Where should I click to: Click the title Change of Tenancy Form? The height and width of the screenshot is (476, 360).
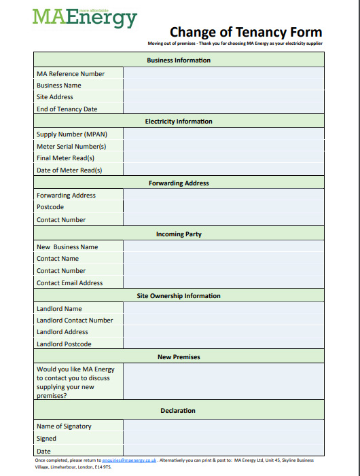click(x=245, y=32)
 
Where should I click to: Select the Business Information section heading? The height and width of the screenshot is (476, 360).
click(x=179, y=60)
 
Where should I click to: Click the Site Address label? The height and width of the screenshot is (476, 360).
click(x=55, y=97)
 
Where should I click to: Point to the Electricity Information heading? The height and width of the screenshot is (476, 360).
click(x=179, y=122)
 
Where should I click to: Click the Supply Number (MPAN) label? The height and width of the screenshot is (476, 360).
click(x=71, y=134)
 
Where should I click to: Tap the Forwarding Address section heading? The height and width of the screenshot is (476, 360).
click(x=179, y=183)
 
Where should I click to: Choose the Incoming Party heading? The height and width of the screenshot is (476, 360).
click(x=179, y=234)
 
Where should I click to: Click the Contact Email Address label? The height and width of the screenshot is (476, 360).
click(x=70, y=283)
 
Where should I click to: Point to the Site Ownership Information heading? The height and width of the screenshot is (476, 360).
click(x=179, y=296)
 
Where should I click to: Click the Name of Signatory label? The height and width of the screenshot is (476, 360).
click(x=64, y=426)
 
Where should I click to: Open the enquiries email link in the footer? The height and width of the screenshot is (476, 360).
click(x=129, y=460)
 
